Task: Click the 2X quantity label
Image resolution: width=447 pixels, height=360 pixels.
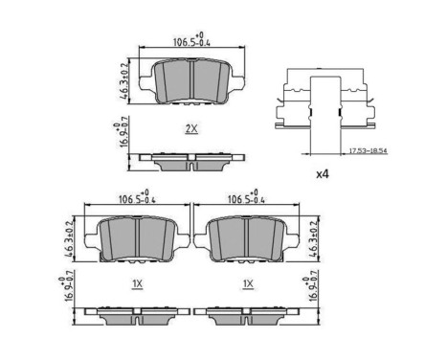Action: (x=191, y=128)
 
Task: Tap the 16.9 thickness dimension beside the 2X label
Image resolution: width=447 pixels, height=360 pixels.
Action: (x=119, y=135)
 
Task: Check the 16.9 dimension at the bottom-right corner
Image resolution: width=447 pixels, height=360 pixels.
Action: (x=310, y=287)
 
